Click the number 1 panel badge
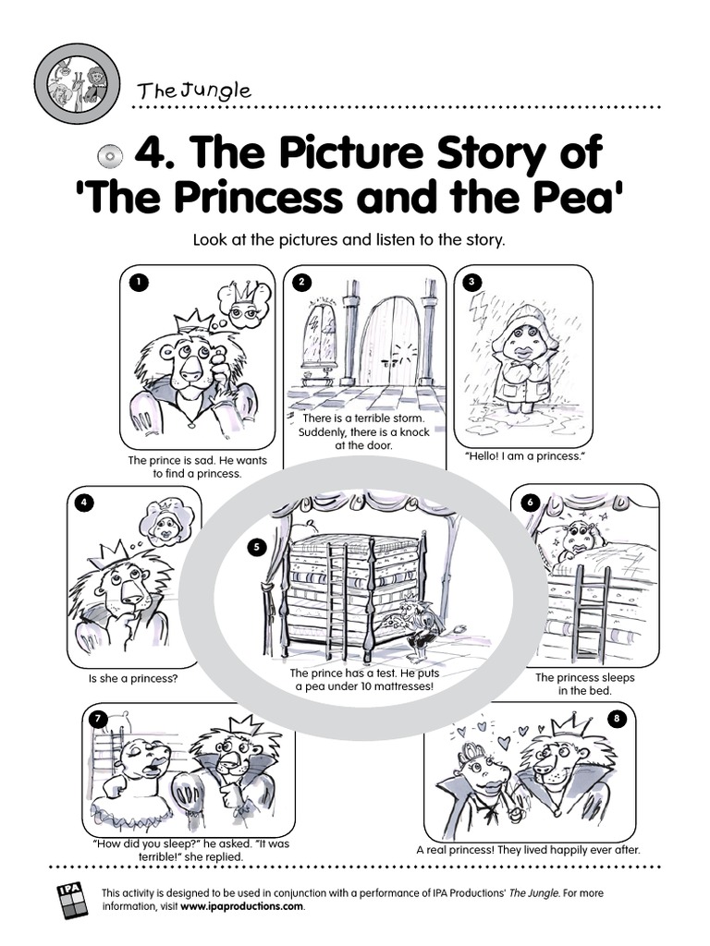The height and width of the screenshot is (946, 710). [x=140, y=282]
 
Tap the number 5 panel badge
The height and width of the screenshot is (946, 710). [x=257, y=547]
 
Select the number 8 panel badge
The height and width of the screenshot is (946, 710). [x=617, y=718]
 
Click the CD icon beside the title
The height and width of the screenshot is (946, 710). [x=110, y=156]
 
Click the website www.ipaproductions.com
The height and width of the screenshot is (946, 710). [x=241, y=906]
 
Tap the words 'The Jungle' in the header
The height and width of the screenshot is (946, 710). [x=193, y=90]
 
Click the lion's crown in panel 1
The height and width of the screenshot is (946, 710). [x=194, y=322]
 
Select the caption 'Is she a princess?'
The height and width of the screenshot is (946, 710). [x=133, y=678]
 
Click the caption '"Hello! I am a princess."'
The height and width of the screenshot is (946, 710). [x=525, y=456]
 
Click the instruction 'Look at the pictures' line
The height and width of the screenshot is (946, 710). [x=349, y=239]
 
